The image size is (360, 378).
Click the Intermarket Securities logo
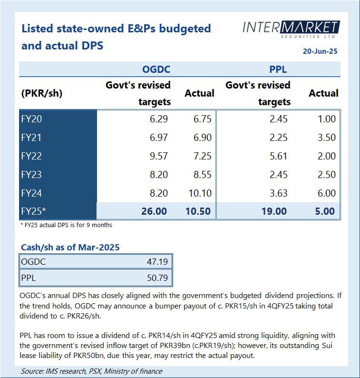[x=291, y=29]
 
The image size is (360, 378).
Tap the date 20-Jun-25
[x=320, y=51]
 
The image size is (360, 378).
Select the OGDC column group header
[x=156, y=70]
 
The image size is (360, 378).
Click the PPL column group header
[x=278, y=70]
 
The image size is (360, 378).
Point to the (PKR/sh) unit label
[x=42, y=93]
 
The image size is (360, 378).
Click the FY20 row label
[x=31, y=119]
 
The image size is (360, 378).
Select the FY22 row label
[x=31, y=156]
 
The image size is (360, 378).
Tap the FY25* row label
[x=33, y=211]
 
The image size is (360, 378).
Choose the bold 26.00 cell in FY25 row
[x=154, y=211]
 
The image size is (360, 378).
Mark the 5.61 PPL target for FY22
[x=277, y=156]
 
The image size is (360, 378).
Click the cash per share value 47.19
[x=156, y=261]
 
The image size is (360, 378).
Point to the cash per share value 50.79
[x=156, y=277]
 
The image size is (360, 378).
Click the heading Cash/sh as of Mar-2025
[x=70, y=247]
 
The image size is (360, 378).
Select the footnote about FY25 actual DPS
[x=67, y=225]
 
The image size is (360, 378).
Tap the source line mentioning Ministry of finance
[x=91, y=371]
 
